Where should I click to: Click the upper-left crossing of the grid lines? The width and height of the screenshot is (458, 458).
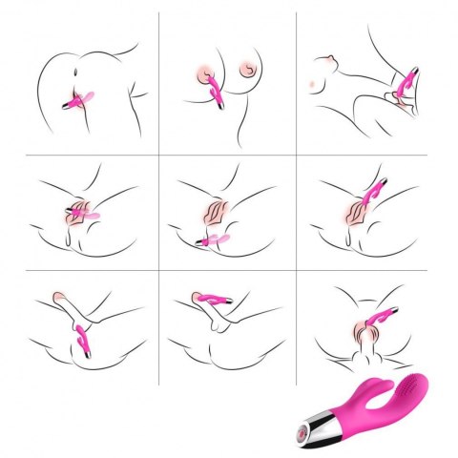(x=159, y=156)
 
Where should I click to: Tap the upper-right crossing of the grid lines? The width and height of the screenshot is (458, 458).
(x=296, y=156)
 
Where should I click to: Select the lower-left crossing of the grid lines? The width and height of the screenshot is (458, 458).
(x=159, y=272)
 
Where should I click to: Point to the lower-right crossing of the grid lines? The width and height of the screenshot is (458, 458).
(x=296, y=272)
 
